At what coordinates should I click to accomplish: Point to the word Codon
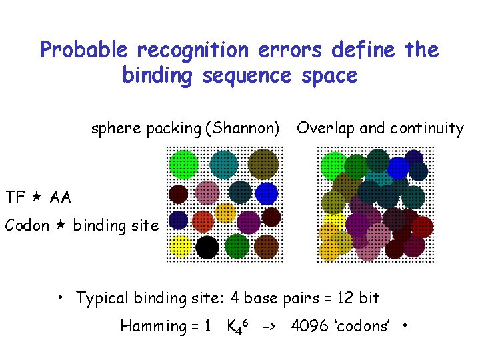coord(27,225)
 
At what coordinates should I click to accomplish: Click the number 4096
coord(309,326)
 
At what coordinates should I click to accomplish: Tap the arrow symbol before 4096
coord(270,326)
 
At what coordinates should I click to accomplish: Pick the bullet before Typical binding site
coord(60,298)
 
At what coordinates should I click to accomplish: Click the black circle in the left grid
coord(207,247)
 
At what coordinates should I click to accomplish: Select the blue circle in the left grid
coord(266,193)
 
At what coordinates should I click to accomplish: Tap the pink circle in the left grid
coord(207,193)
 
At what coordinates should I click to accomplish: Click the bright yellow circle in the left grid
coord(180,247)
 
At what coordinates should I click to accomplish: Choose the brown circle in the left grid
coord(266,246)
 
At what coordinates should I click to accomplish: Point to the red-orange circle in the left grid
coord(203,221)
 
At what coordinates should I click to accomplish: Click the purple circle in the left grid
coord(249,221)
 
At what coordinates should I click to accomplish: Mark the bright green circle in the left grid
coord(183,164)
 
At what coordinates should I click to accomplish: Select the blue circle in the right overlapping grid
coord(398,168)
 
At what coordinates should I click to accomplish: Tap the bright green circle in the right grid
coord(333,165)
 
